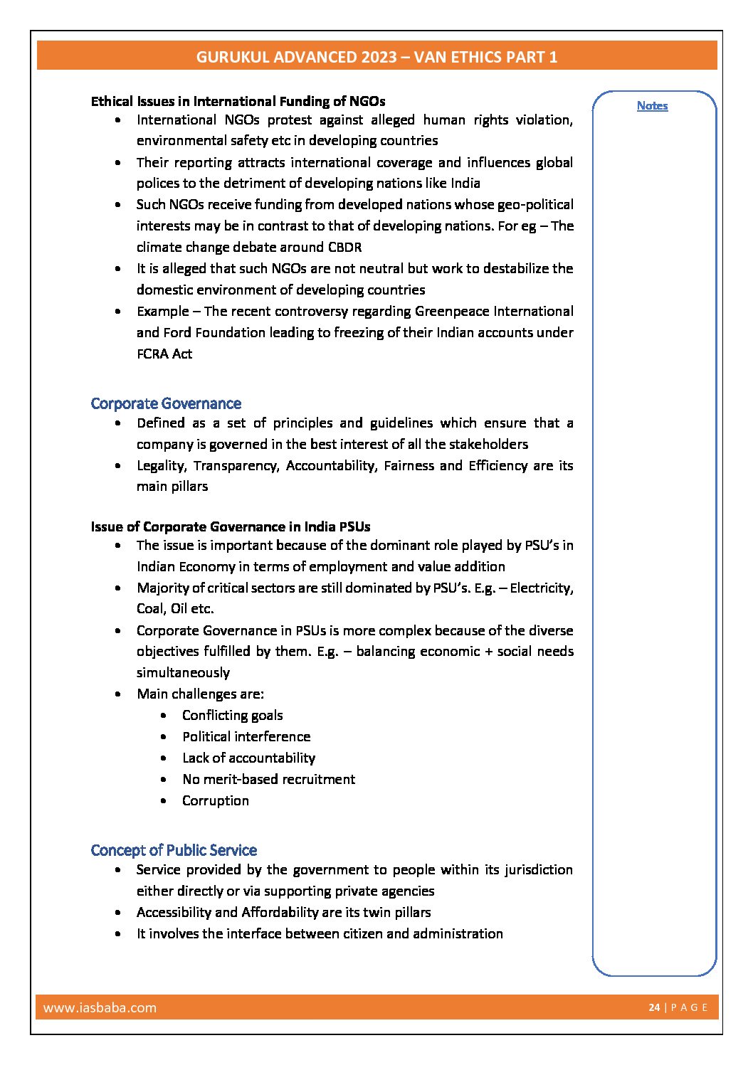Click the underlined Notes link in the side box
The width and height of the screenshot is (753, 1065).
(652, 105)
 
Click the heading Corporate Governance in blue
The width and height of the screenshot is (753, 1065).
(166, 403)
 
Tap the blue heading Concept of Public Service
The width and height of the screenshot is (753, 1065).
(174, 850)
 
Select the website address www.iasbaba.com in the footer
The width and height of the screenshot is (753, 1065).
(100, 1007)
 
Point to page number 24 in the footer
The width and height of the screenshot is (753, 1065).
(654, 1007)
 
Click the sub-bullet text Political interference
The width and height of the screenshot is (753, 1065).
(246, 736)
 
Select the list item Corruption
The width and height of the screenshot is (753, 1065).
(216, 800)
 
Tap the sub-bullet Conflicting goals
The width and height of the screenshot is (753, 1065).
(232, 715)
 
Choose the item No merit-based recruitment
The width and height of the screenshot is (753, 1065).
(268, 779)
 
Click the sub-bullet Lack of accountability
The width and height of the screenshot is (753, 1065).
(248, 758)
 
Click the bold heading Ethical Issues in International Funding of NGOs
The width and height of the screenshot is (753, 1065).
(238, 101)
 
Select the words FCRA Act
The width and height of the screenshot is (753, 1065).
(164, 354)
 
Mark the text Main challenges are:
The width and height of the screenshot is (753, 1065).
(200, 694)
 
